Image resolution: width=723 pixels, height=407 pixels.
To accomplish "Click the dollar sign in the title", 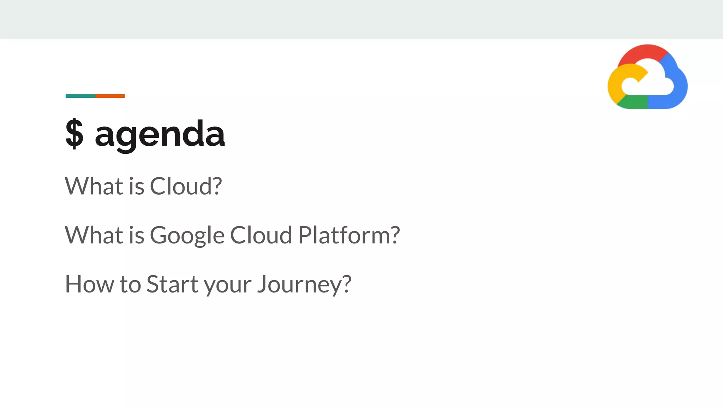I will (74, 134).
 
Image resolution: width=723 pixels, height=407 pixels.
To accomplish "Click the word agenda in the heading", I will (160, 134).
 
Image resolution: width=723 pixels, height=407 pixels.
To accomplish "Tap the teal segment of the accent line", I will (80, 96).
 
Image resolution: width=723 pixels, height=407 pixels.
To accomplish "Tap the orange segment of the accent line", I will (110, 96).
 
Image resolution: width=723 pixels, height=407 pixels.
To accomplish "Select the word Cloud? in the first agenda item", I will (186, 186).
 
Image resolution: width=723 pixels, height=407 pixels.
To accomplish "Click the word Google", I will (187, 236).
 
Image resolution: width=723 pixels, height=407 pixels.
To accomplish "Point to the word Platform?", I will (349, 235).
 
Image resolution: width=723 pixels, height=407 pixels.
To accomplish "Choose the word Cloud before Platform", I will (261, 235).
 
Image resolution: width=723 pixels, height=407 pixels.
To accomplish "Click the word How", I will (89, 284).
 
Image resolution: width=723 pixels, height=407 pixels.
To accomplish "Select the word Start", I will (172, 284).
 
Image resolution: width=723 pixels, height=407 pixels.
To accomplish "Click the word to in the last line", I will (130, 285).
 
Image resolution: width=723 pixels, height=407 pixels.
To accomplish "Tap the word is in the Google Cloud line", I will (137, 235).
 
